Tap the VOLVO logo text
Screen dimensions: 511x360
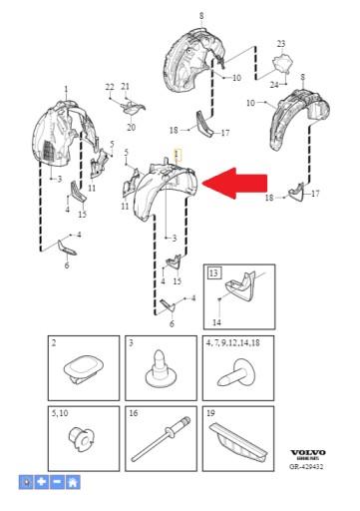coord(303,451)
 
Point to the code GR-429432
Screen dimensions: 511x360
coord(303,466)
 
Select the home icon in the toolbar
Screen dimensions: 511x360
coord(73,482)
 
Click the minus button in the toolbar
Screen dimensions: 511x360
coord(57,482)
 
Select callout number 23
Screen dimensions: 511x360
coord(281,44)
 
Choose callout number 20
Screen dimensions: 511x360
coord(131,127)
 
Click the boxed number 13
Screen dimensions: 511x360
coord(213,271)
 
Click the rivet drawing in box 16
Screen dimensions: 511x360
coord(160,440)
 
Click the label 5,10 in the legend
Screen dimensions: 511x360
coord(61,412)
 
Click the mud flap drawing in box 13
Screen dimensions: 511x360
coord(243,290)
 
